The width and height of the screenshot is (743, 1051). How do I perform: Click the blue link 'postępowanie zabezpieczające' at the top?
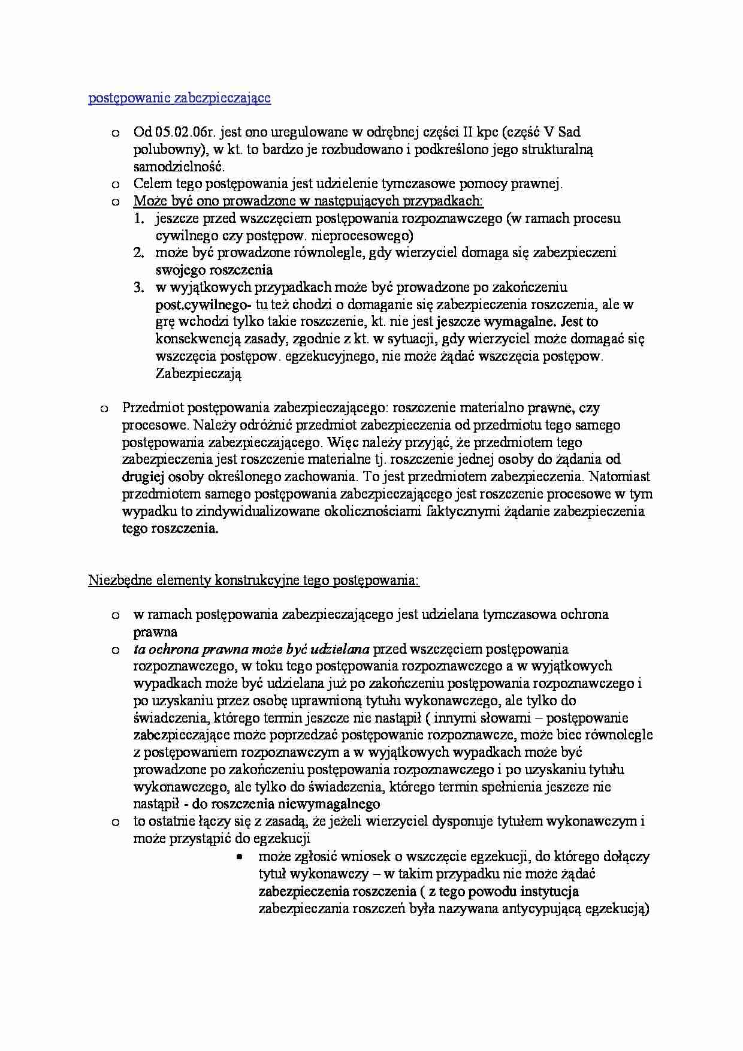pos(179,98)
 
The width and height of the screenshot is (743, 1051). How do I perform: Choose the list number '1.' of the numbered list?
pos(139,219)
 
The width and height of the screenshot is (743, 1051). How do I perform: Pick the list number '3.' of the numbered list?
pos(139,288)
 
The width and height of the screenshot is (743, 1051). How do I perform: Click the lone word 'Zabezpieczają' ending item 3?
pos(198,374)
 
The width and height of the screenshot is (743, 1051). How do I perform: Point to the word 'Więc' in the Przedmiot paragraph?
pos(341,443)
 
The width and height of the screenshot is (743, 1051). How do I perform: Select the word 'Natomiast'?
pos(620,478)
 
